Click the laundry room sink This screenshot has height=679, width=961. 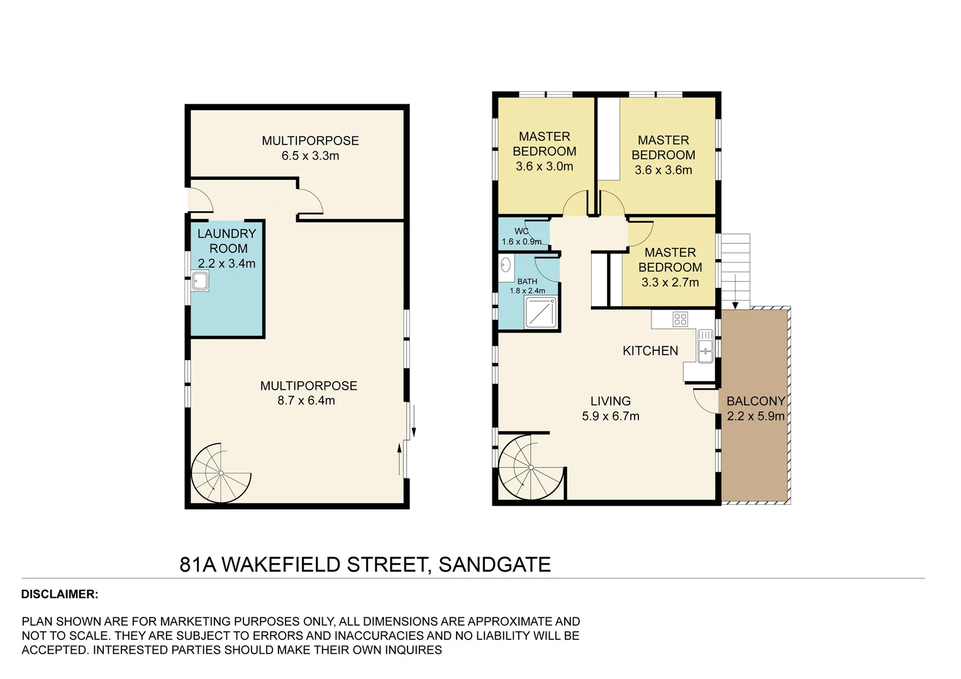[200, 281]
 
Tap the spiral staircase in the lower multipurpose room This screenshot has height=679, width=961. [221, 473]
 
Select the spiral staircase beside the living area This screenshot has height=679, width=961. [530, 467]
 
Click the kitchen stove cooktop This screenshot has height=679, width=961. [680, 319]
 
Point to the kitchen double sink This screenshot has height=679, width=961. [705, 347]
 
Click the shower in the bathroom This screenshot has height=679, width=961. [541, 312]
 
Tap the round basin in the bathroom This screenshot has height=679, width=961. [505, 265]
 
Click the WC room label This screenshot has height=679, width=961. [521, 231]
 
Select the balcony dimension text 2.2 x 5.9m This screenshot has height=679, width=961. [755, 416]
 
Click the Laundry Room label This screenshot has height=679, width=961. [226, 241]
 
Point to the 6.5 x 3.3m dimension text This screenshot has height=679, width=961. [310, 156]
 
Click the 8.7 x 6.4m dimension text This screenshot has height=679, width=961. [306, 400]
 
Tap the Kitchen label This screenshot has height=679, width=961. [650, 351]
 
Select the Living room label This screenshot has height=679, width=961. [610, 400]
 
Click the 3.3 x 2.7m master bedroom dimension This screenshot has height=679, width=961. [670, 282]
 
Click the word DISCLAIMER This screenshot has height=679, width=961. [60, 594]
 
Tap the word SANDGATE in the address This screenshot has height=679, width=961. [494, 565]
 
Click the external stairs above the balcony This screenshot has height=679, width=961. [735, 270]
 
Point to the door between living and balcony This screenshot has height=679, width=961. [706, 400]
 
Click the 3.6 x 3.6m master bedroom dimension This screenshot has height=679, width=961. [663, 170]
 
